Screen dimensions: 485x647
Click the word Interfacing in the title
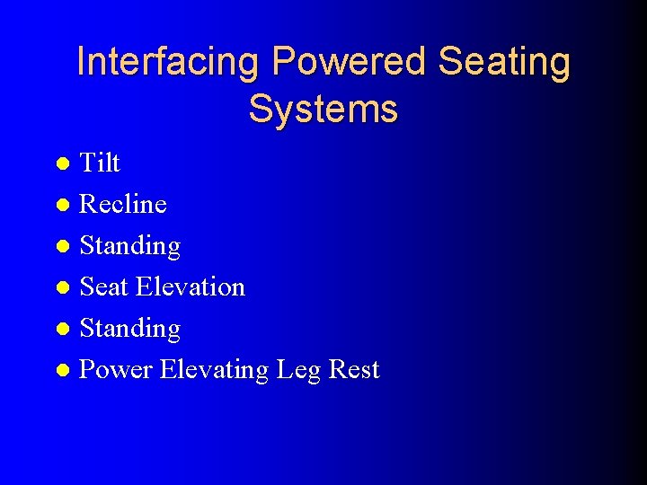tap(168, 62)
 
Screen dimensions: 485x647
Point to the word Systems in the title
tap(323, 109)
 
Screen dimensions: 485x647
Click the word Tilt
tap(100, 163)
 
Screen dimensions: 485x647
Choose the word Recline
tap(123, 204)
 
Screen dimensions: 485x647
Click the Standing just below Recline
tap(130, 246)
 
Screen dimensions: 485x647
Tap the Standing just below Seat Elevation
tap(130, 329)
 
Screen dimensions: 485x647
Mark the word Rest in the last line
tap(354, 370)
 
